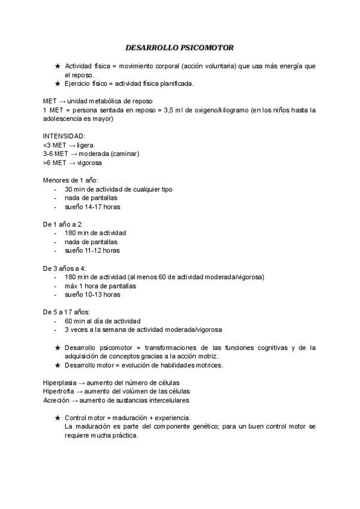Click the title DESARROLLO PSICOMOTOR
[179, 47]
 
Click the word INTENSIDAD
[64, 136]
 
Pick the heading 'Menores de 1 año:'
[71, 180]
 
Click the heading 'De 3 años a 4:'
[65, 268]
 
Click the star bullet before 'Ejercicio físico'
[57, 83]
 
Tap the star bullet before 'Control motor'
[57, 418]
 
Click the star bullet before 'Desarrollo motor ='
[57, 365]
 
